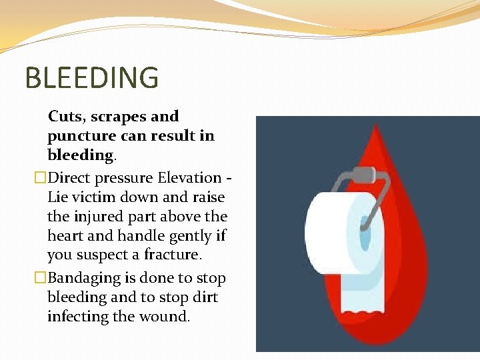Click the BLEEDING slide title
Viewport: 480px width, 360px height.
92,77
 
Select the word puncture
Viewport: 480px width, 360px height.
76,137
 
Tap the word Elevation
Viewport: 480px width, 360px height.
189,178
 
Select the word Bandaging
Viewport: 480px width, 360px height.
83,279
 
